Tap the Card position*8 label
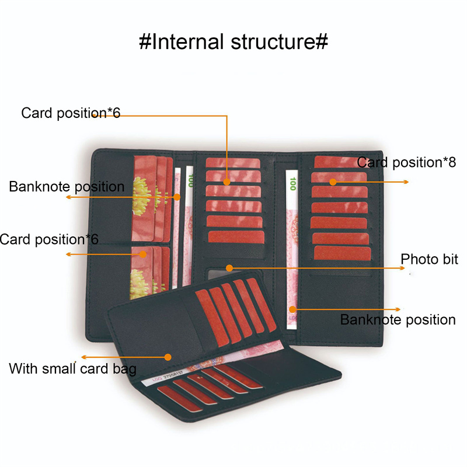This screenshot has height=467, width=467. pyautogui.click(x=406, y=162)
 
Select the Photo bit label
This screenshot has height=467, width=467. pyautogui.click(x=429, y=259)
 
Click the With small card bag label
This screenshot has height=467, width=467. pyautogui.click(x=73, y=369)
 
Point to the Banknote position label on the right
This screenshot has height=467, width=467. pyautogui.click(x=398, y=320)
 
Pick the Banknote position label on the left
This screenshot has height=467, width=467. pyautogui.click(x=67, y=187)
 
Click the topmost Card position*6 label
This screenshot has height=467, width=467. pyautogui.click(x=71, y=113)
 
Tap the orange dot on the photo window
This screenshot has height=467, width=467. pyautogui.click(x=229, y=268)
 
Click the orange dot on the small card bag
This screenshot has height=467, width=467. pyautogui.click(x=168, y=356)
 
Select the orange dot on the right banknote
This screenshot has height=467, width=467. pyautogui.click(x=294, y=308)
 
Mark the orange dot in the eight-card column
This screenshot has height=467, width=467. pyautogui.click(x=333, y=182)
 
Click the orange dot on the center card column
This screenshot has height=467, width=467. pyautogui.click(x=226, y=183)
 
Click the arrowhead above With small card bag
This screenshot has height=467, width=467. pyautogui.click(x=83, y=356)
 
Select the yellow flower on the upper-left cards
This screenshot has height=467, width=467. pyautogui.click(x=142, y=193)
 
